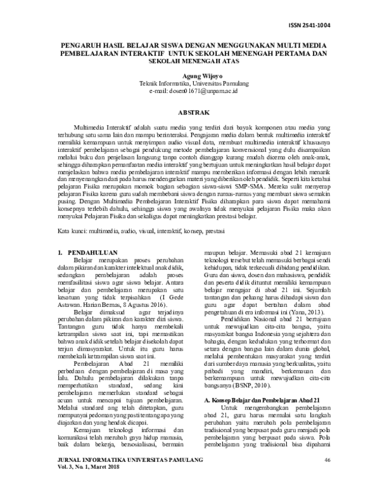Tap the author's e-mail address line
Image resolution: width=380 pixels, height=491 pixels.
point(191,92)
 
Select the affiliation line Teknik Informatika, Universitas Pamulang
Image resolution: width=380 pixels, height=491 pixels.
point(191,84)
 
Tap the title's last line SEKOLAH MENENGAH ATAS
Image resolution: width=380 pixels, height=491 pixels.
point(191,63)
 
